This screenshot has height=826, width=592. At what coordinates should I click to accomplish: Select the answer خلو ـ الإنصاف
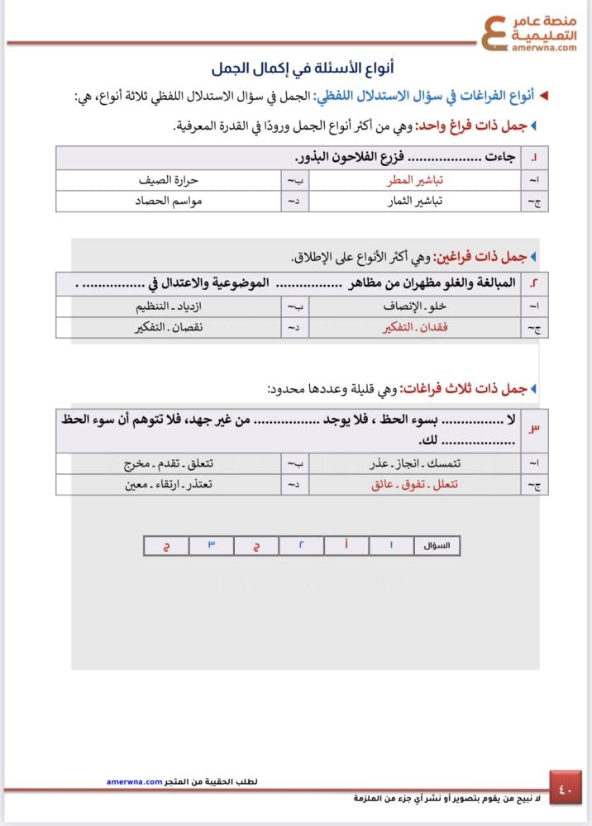[x=406, y=306]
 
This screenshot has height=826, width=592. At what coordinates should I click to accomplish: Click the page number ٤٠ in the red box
[x=566, y=788]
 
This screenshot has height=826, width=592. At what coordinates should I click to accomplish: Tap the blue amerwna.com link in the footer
[x=134, y=781]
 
